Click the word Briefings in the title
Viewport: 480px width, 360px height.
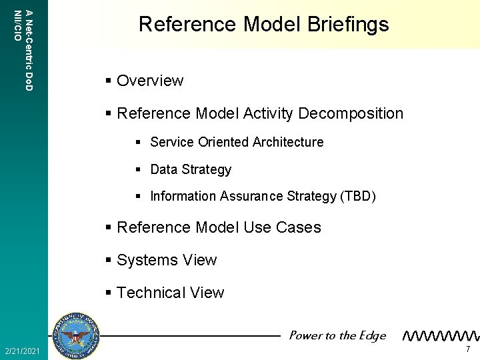click(x=347, y=25)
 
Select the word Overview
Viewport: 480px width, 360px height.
click(x=150, y=81)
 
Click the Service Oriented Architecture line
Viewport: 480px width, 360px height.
click(x=237, y=142)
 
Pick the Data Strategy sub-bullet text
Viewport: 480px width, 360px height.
click(x=191, y=169)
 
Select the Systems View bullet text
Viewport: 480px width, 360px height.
click(x=167, y=260)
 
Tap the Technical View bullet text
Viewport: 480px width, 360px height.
click(x=171, y=293)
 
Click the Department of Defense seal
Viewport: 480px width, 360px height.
click(x=75, y=335)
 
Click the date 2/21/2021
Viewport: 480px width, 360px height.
click(x=22, y=351)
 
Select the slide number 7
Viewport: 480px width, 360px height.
click(x=468, y=350)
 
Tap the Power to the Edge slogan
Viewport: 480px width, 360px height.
click(x=337, y=335)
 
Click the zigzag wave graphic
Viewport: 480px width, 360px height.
click(x=441, y=335)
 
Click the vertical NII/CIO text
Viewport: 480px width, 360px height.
click(x=17, y=25)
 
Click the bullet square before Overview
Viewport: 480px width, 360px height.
click(x=109, y=81)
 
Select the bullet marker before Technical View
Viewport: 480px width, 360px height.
click(x=109, y=293)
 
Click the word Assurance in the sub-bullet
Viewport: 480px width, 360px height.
click(x=253, y=197)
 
